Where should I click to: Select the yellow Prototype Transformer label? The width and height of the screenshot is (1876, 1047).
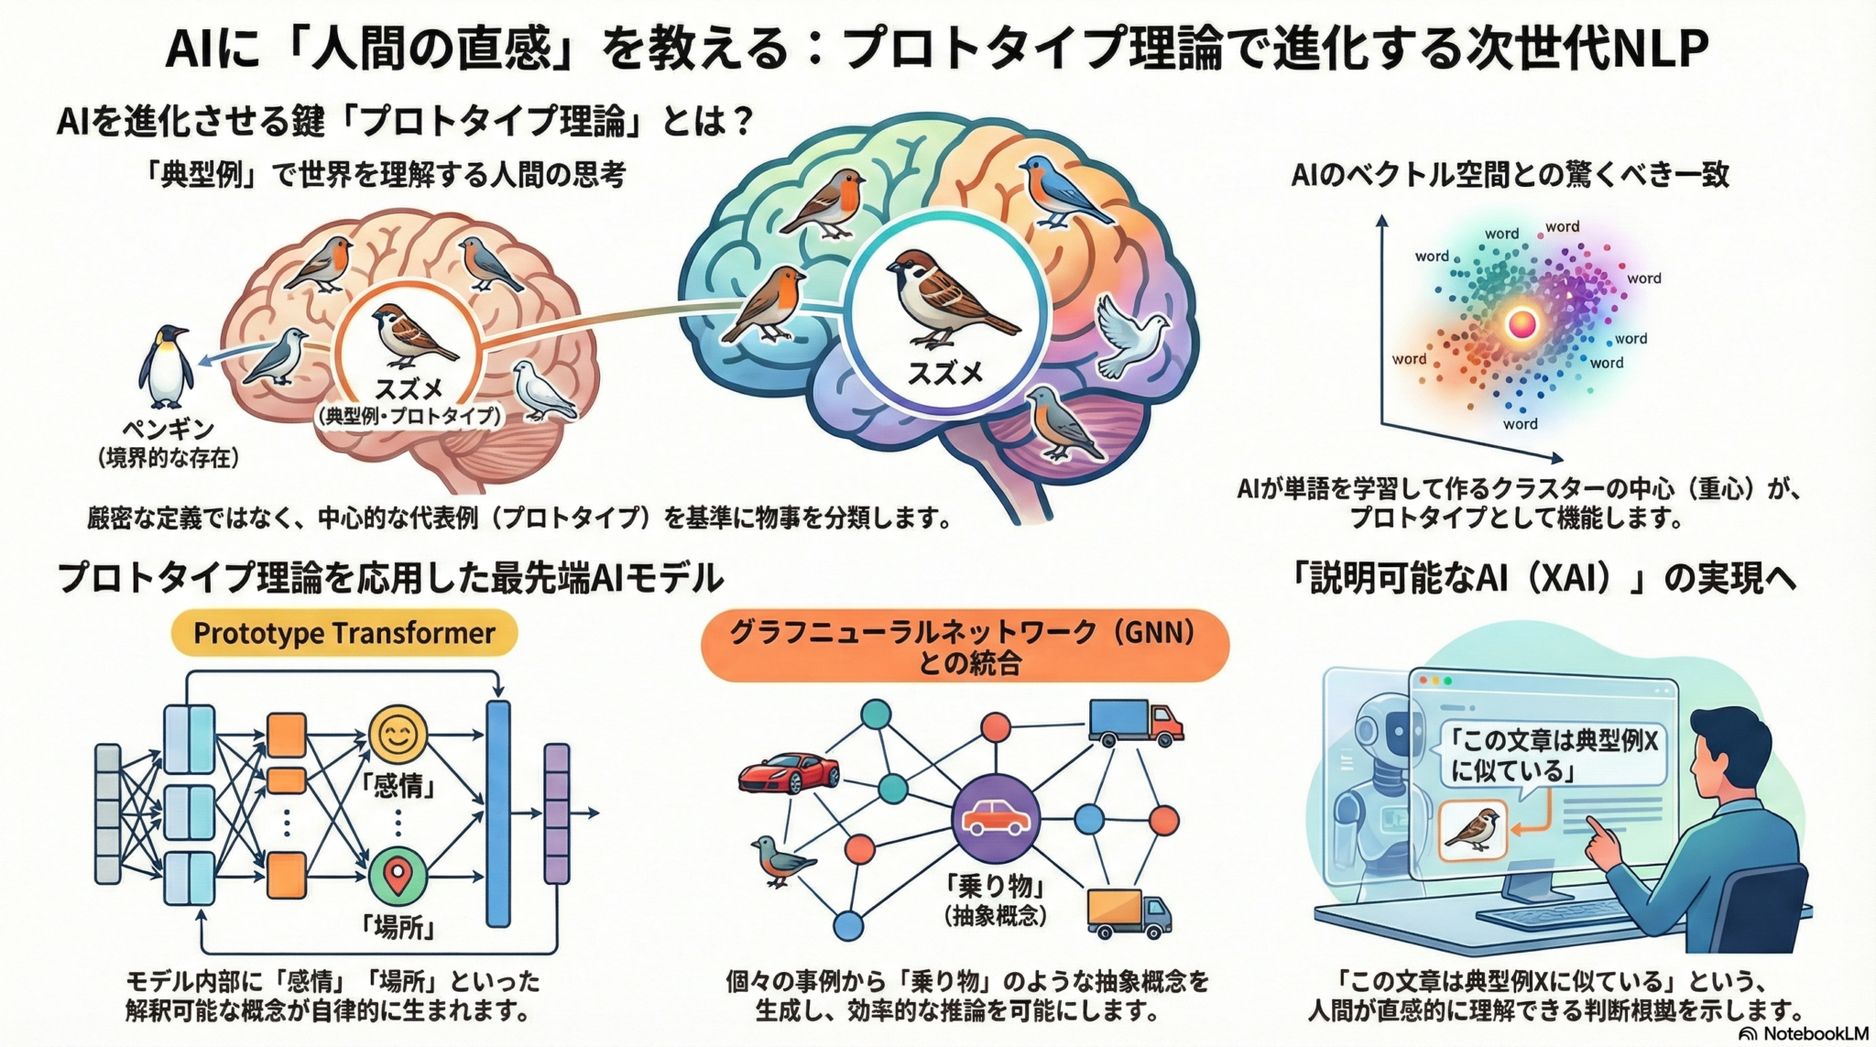pos(344,633)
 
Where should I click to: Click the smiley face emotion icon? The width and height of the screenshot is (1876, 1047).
pos(398,734)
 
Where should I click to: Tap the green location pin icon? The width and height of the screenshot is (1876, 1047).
pos(398,877)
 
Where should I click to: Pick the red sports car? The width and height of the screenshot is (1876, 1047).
pos(789,772)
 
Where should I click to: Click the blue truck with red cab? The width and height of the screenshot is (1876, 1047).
pos(1136,724)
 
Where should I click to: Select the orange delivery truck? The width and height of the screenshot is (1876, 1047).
pos(1129,913)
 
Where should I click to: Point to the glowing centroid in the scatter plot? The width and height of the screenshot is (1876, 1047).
pos(1522,323)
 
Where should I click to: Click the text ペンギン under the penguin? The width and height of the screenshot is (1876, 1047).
pos(169,430)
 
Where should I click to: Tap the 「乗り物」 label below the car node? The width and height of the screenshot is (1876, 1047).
pos(995,887)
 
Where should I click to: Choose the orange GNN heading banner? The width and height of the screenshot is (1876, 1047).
pos(965,647)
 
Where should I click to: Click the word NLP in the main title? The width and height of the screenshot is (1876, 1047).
pos(1657,49)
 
